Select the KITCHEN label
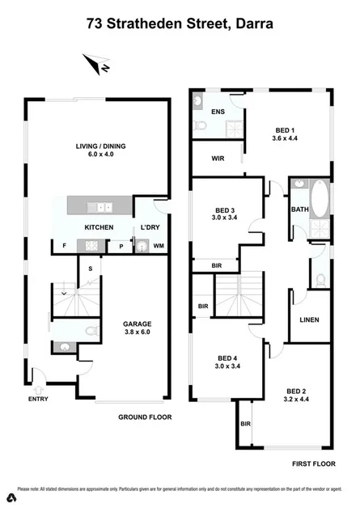pyautogui.click(x=99, y=227)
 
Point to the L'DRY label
pyautogui.click(x=150, y=227)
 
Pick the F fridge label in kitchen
pyautogui.click(x=63, y=246)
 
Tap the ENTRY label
pyautogui.click(x=37, y=399)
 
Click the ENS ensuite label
pyautogui.click(x=218, y=112)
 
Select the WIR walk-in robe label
pyautogui.click(x=218, y=159)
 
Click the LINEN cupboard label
pyautogui.click(x=309, y=319)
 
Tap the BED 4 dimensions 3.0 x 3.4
pyautogui.click(x=227, y=366)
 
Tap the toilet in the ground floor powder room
pyautogui.click(x=91, y=331)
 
